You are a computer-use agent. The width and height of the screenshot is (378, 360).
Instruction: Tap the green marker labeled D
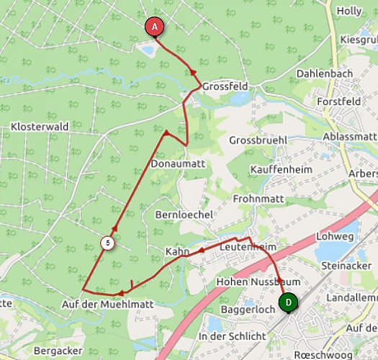288,303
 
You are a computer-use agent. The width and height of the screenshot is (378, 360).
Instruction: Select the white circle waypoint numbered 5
107,243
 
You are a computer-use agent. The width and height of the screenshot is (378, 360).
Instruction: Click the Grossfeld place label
225,86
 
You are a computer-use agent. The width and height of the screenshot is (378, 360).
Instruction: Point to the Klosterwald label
40,127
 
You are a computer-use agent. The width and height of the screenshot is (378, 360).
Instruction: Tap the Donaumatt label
179,164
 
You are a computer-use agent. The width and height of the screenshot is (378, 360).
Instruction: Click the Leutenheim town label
247,247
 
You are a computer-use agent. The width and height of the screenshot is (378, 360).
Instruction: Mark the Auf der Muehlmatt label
108,304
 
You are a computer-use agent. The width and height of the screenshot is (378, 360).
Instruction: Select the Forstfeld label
342,102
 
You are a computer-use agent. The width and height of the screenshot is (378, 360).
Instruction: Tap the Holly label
349,11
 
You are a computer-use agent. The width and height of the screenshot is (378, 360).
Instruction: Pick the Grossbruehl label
258,140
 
